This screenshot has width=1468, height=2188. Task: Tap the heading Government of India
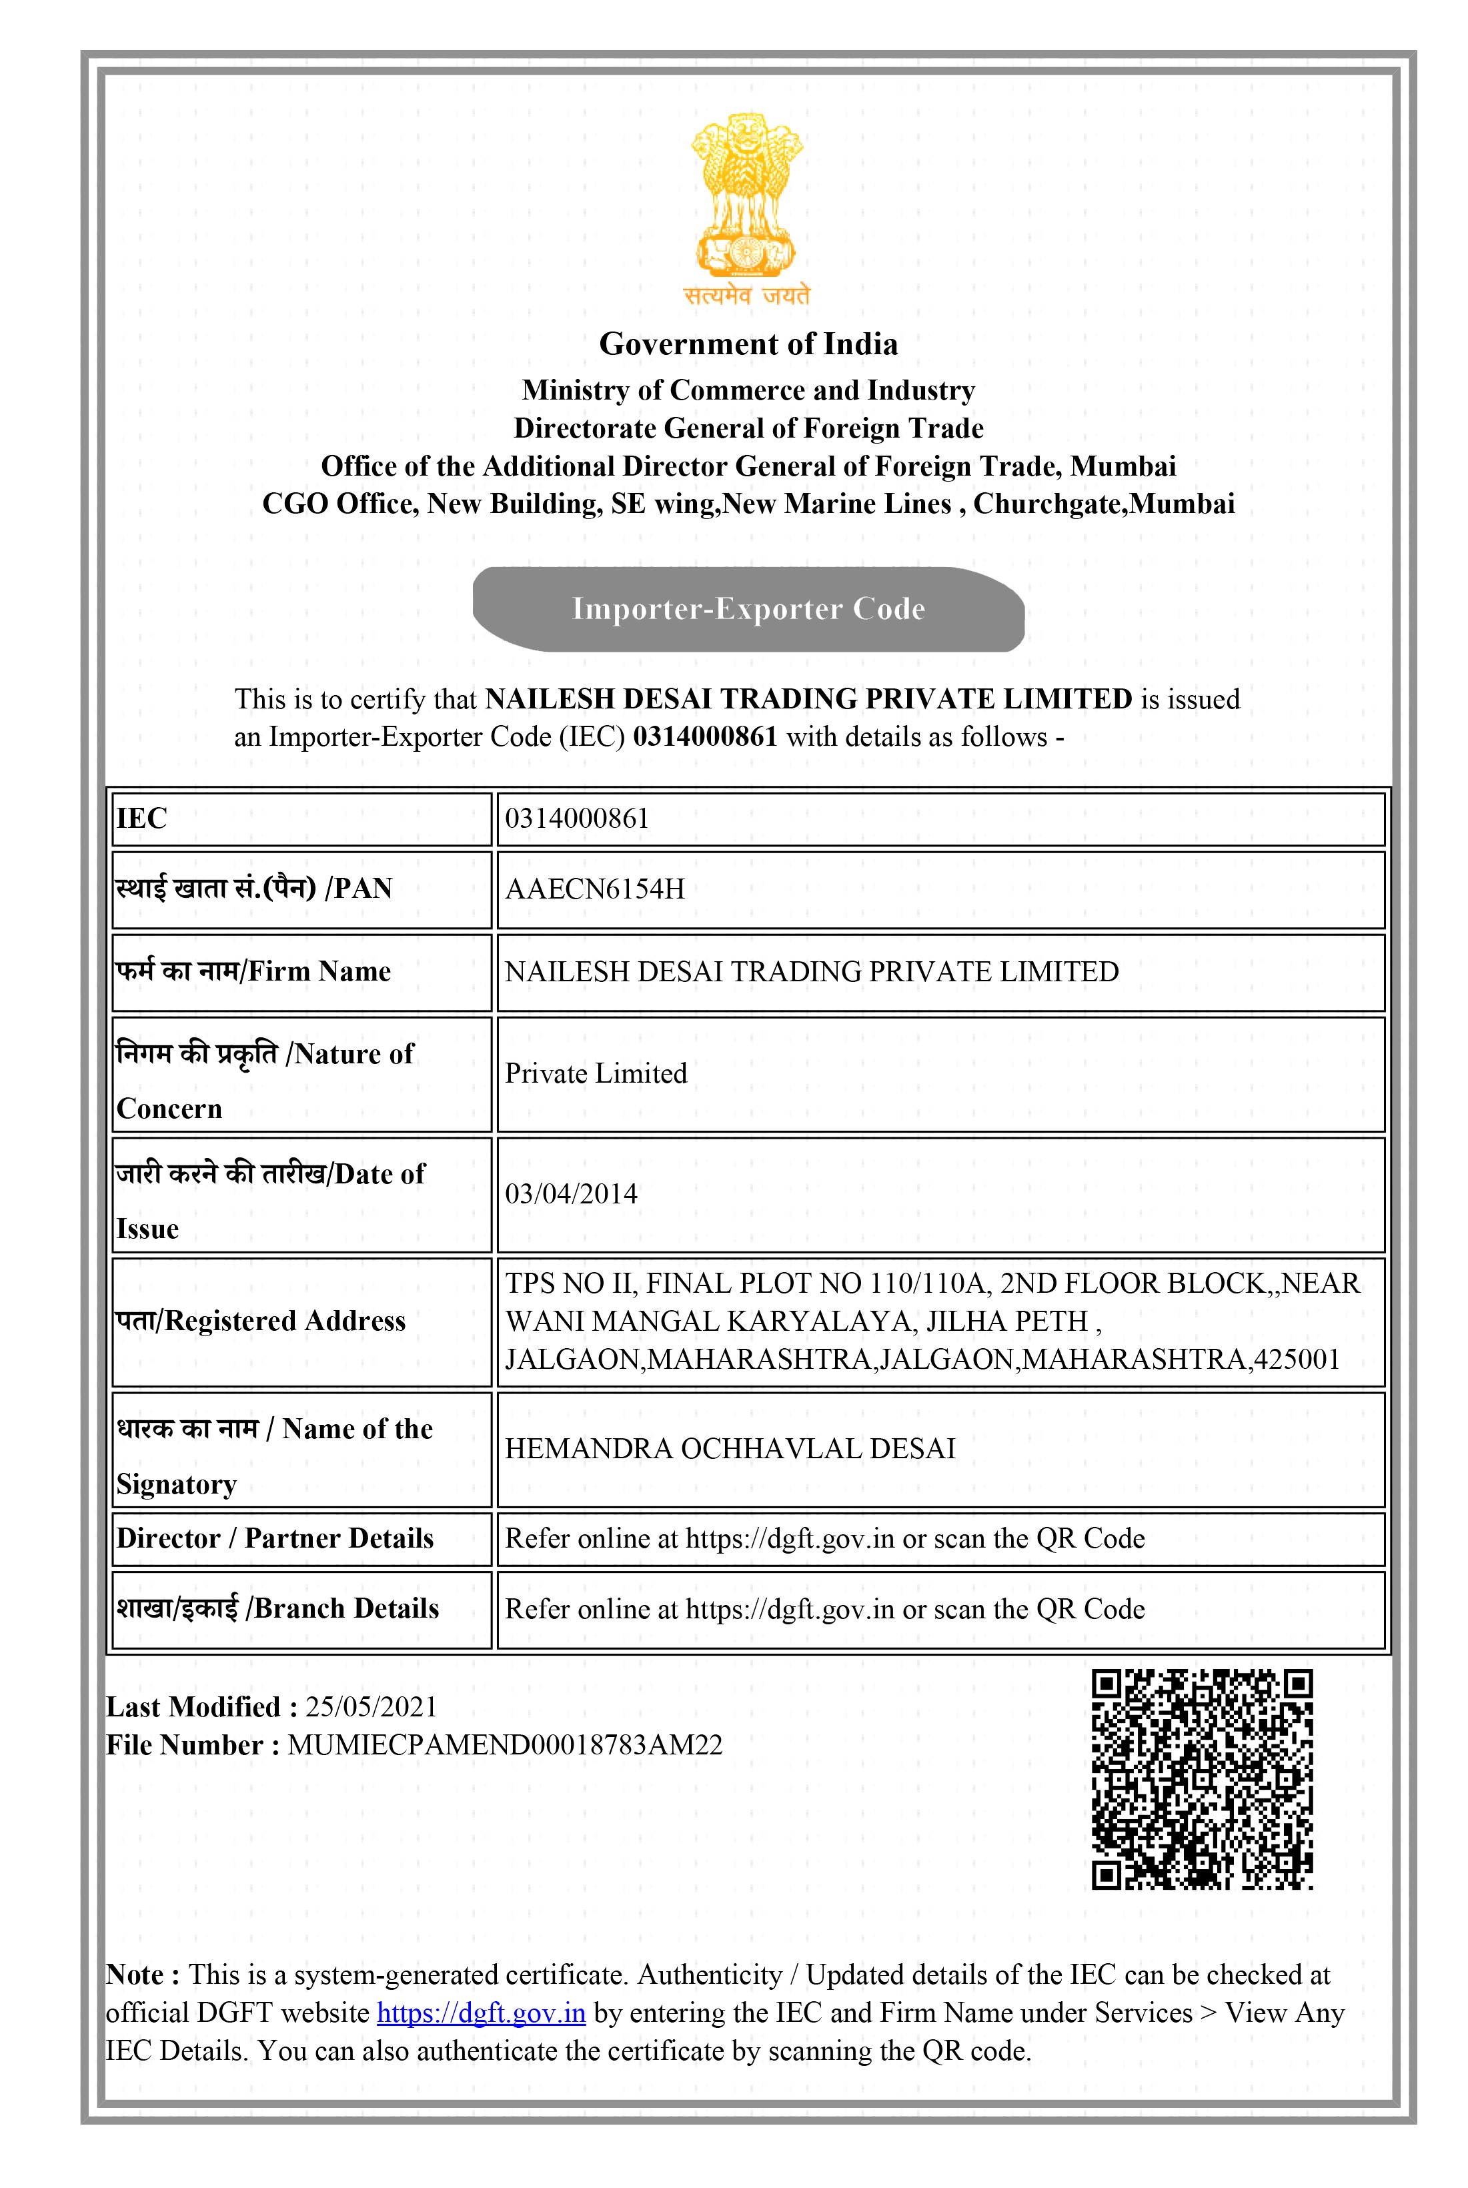coord(748,344)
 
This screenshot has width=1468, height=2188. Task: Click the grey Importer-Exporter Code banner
coord(748,608)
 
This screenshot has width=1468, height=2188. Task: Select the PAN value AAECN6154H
coord(594,889)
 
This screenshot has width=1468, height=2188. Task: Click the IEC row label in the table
coord(141,818)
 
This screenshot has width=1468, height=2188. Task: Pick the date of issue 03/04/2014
coord(571,1193)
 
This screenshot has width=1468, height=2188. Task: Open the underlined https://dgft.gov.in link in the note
coord(482,2013)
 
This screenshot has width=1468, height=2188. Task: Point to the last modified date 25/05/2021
coord(372,1707)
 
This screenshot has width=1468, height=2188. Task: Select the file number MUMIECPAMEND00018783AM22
coord(505,1745)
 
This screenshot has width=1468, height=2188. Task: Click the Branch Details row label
coord(277,1608)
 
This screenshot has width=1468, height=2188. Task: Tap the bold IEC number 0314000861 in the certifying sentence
coord(705,737)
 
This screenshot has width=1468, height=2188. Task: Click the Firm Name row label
coord(253,971)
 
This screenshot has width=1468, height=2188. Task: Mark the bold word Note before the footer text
coord(136,1975)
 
